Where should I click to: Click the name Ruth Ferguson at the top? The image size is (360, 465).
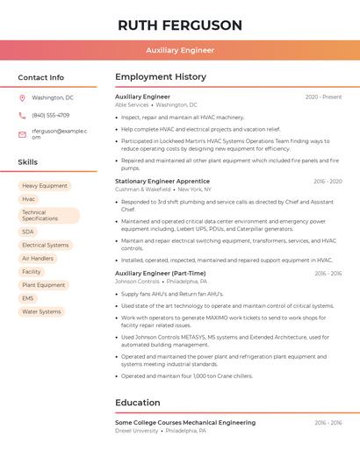point(180,25)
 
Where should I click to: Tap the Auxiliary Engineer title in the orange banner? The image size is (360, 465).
point(180,50)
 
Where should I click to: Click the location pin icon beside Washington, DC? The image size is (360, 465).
point(22,97)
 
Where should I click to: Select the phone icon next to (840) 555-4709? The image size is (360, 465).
point(22,115)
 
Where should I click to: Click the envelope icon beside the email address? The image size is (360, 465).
point(22,134)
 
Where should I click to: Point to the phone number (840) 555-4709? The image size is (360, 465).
point(50,115)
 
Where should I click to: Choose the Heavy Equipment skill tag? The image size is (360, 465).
point(45,186)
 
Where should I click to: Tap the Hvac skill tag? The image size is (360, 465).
point(29,199)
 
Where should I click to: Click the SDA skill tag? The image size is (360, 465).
point(28,232)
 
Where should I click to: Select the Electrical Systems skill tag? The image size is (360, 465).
point(45,245)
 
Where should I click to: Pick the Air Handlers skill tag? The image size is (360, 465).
point(38,258)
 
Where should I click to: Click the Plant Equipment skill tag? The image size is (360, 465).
point(44,285)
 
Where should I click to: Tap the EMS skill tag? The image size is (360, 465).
point(28,298)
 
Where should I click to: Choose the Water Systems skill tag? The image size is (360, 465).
point(41,311)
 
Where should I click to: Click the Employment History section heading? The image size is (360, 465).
point(161,77)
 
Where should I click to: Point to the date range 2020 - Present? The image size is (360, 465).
point(323,97)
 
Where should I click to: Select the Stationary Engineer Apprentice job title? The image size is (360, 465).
point(162,181)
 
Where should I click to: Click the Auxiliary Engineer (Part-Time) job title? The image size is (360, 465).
point(161,273)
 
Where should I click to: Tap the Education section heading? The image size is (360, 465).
point(137,403)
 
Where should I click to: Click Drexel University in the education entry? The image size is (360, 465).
point(136,431)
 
